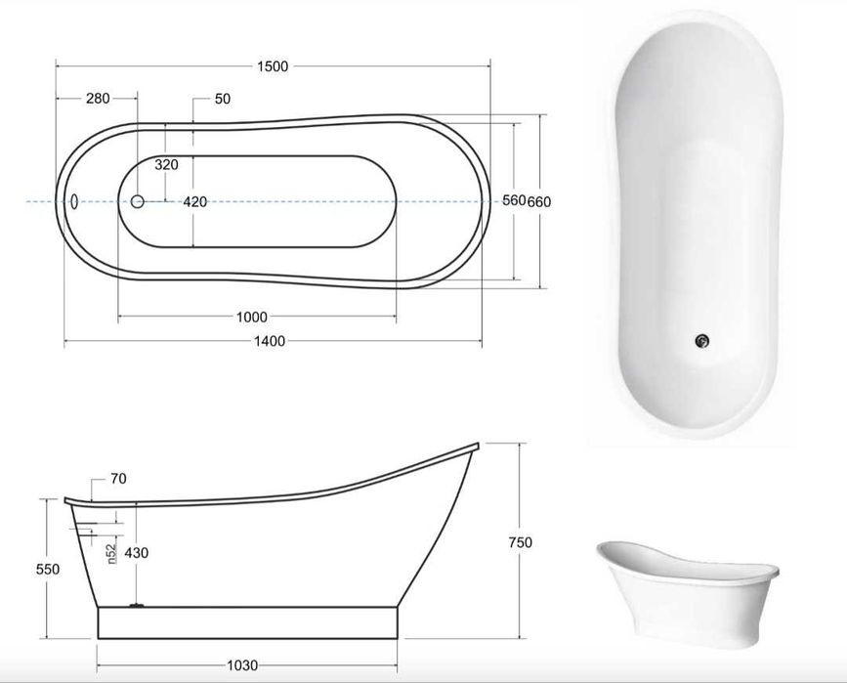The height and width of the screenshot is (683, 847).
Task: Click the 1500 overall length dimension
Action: click(273, 66)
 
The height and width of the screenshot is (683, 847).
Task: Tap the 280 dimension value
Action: click(98, 99)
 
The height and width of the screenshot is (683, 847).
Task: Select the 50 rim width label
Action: click(223, 99)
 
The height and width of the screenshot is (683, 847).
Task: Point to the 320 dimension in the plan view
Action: click(166, 164)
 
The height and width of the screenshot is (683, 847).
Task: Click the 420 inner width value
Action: click(195, 202)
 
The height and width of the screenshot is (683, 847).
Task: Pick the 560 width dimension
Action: click(514, 200)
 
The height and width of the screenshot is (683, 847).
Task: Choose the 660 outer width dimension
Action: click(539, 201)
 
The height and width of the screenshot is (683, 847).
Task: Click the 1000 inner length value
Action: click(252, 318)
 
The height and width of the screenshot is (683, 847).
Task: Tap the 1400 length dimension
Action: click(270, 341)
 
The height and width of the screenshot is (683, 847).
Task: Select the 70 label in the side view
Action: click(118, 479)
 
